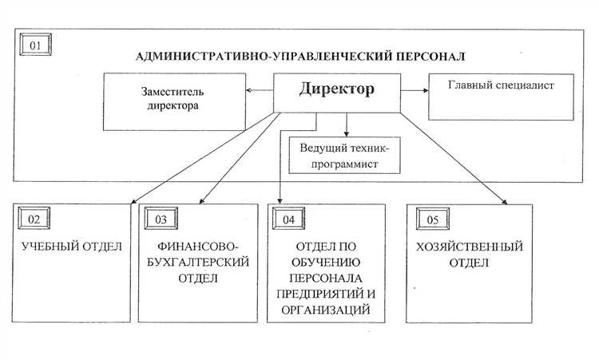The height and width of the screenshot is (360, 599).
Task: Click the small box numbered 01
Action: click(x=35, y=45)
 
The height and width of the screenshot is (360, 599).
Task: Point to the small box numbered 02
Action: click(x=34, y=218)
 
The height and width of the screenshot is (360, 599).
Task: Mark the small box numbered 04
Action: click(x=288, y=218)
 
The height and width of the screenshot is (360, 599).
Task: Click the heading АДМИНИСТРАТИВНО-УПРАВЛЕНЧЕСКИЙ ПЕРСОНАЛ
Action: click(x=301, y=57)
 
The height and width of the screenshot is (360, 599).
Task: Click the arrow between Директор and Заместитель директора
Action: click(x=259, y=90)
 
